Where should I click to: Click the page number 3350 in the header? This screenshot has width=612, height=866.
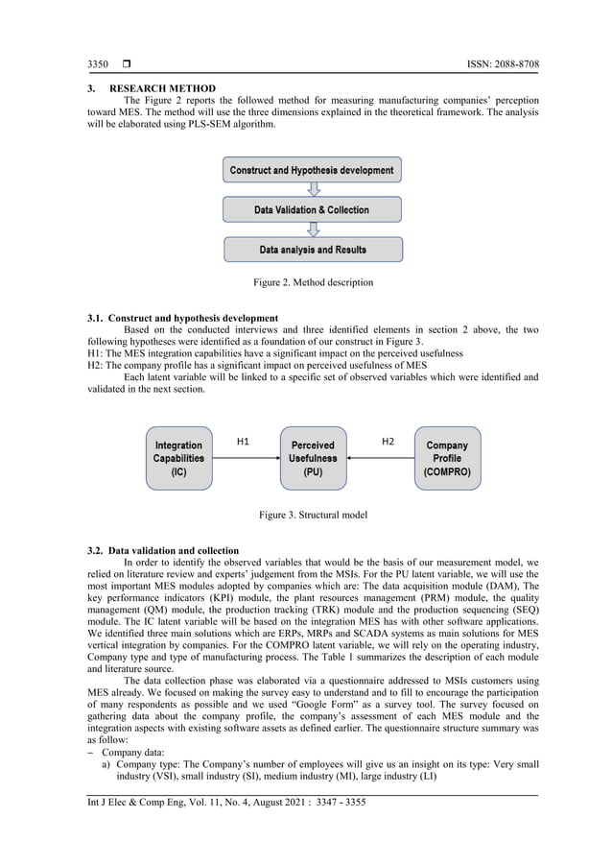pyautogui.click(x=99, y=64)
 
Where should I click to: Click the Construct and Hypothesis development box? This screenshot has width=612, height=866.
pyautogui.click(x=312, y=171)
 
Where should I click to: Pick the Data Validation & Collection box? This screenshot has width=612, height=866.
pyautogui.click(x=312, y=210)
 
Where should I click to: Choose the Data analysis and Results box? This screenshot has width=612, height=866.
pyautogui.click(x=313, y=250)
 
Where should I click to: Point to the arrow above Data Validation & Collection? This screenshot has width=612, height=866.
pyautogui.click(x=312, y=190)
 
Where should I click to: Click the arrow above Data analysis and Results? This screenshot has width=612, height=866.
pyautogui.click(x=312, y=229)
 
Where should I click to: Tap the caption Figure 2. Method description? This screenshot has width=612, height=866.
pyautogui.click(x=313, y=282)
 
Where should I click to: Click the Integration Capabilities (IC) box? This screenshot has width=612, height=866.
pyautogui.click(x=178, y=459)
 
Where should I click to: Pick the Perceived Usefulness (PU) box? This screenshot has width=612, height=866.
pyautogui.click(x=313, y=459)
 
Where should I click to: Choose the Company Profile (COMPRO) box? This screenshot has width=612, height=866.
pyautogui.click(x=447, y=459)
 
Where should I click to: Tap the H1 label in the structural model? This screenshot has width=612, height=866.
pyautogui.click(x=244, y=442)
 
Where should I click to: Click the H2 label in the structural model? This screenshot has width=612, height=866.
pyautogui.click(x=388, y=442)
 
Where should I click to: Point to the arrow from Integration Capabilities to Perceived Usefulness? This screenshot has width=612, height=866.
pyautogui.click(x=246, y=459)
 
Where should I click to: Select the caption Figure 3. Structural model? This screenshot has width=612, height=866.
pyautogui.click(x=313, y=516)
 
